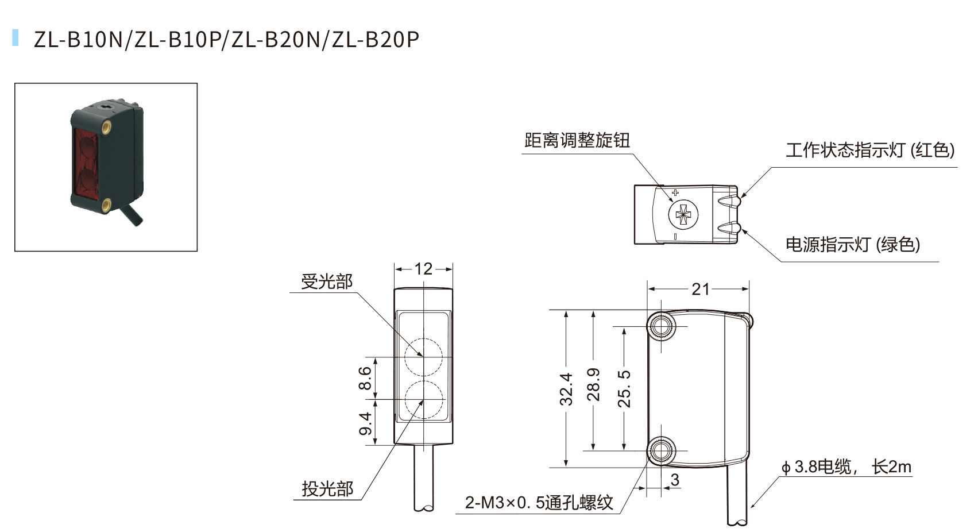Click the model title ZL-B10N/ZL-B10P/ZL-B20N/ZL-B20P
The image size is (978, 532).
[x=226, y=39]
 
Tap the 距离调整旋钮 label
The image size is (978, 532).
[x=577, y=140]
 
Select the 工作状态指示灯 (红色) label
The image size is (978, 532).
[x=869, y=151]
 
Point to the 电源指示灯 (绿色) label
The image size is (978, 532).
[x=852, y=245]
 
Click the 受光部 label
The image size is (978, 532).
[x=327, y=282]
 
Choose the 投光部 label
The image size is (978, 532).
[x=327, y=489]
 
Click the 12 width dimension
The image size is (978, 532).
[x=423, y=269]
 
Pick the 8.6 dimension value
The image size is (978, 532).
[x=365, y=378]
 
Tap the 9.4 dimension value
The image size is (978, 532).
[x=365, y=423]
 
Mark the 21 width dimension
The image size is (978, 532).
[x=700, y=288]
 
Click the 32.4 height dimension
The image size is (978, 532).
[x=566, y=388]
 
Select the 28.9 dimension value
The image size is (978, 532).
[x=593, y=384]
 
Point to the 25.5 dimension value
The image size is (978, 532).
[x=624, y=388]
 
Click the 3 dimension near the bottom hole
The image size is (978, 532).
[x=675, y=479]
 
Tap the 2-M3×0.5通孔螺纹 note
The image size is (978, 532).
[x=539, y=503]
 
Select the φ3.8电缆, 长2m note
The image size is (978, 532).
[x=846, y=467]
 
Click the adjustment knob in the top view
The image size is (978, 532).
[x=683, y=215]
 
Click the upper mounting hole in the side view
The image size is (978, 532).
[x=661, y=326]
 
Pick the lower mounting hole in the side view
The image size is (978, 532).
[x=661, y=450]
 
